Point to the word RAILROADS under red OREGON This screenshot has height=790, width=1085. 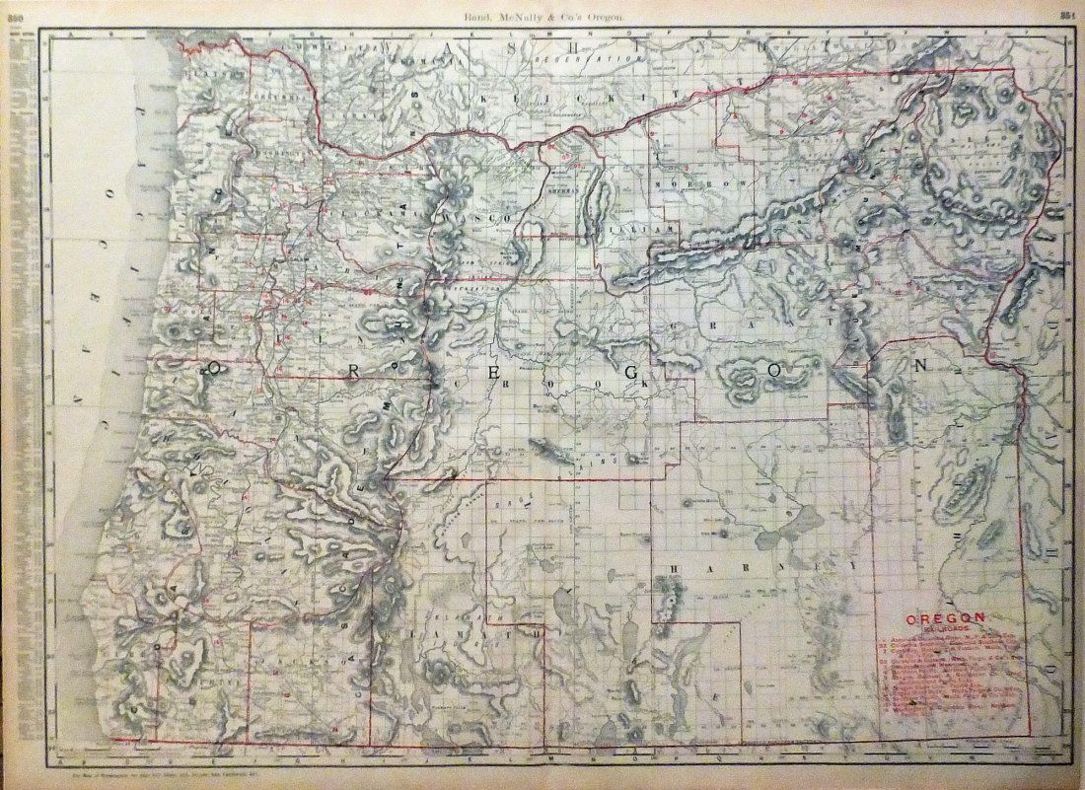click(x=945, y=627)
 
